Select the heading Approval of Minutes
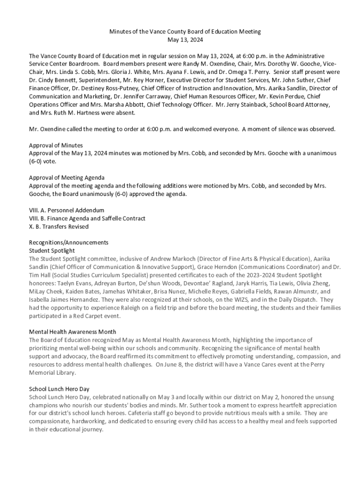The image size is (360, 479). pos(56,145)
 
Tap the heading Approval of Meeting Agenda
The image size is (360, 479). pos(66,178)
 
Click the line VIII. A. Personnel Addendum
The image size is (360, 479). pos(66,210)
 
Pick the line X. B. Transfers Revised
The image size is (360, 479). pos(58,226)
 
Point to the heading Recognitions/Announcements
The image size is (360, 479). pos(69,242)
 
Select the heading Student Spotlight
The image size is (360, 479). pos(51,251)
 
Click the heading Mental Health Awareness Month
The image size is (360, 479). pos(72,332)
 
